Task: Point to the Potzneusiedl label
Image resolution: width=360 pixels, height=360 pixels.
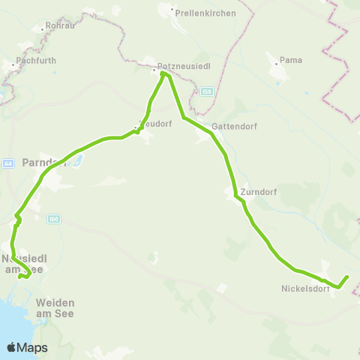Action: pos(181,65)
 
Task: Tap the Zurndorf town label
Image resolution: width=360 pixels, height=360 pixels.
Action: pos(259,192)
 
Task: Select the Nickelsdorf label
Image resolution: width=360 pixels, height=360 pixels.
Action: pos(305,288)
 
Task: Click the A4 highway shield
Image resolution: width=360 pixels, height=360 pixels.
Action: pos(8,162)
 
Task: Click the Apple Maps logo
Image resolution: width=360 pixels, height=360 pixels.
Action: pos(27,347)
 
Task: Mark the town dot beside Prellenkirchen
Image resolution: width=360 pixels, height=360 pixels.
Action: pos(173,12)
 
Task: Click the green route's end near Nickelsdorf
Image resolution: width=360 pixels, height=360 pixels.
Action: pos(348,277)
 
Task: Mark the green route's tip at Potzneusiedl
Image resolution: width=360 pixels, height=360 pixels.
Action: pos(163,73)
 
